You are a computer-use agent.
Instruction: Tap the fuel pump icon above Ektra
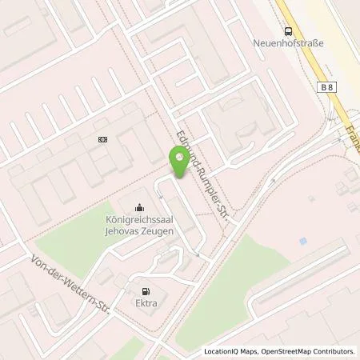pyautogui.click(x=145, y=291)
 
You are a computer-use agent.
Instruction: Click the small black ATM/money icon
pyautogui.click(x=102, y=139)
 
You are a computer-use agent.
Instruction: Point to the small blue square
pyautogui.click(x=302, y=241)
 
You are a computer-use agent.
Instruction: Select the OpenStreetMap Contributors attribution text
pyautogui.click(x=308, y=351)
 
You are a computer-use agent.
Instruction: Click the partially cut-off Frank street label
pyautogui.click(x=353, y=120)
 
